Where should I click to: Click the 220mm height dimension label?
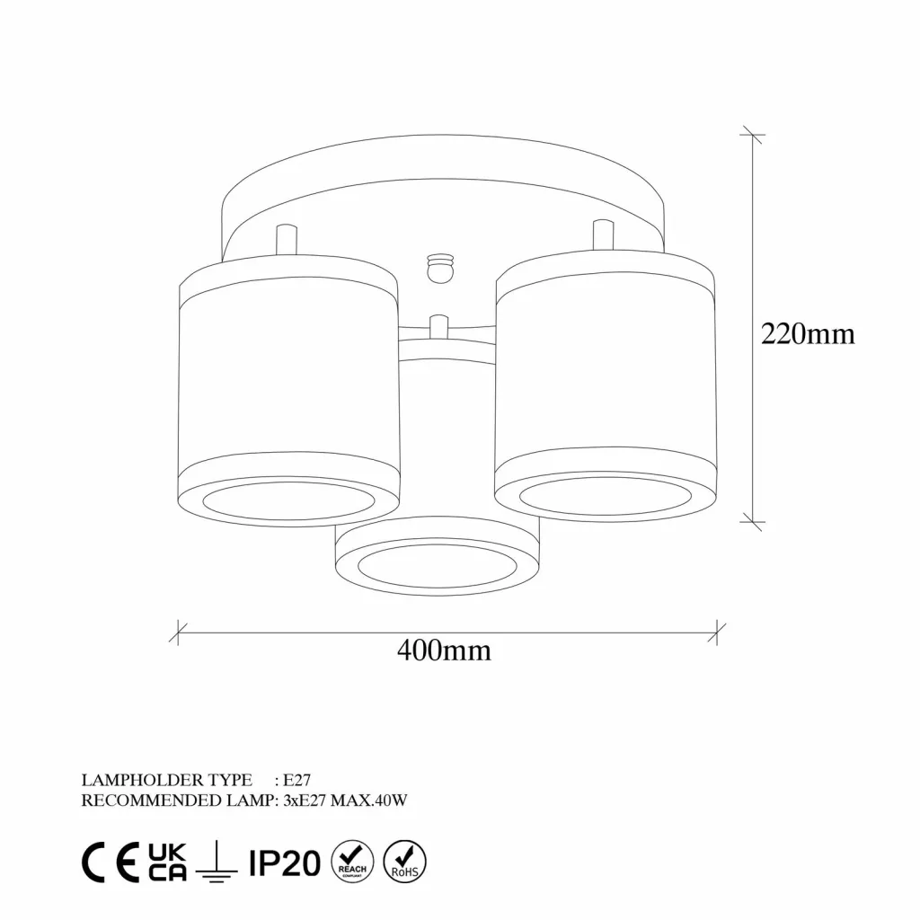[x=808, y=334]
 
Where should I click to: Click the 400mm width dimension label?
[x=444, y=650]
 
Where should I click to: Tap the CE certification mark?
[x=111, y=862]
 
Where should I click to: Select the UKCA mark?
[x=167, y=862]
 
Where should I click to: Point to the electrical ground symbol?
[x=217, y=862]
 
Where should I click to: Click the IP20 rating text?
[x=285, y=863]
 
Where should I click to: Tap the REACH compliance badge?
[x=352, y=862]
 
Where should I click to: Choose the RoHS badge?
[x=404, y=862]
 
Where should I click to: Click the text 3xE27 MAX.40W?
[x=345, y=801]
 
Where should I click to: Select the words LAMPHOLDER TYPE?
[x=166, y=780]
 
